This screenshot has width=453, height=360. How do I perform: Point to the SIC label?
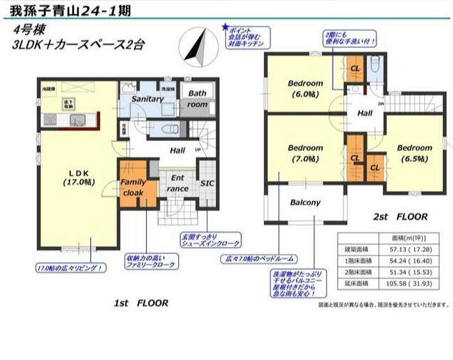(x=206, y=183)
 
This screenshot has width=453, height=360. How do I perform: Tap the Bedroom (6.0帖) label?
(x=306, y=89)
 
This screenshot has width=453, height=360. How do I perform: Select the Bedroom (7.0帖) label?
(x=306, y=153)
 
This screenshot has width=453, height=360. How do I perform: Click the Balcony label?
(x=304, y=203)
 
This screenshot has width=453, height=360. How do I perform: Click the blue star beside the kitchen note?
(x=226, y=27)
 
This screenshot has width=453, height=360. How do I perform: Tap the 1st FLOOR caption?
(x=141, y=303)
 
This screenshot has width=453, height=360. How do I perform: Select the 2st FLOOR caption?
(x=399, y=215)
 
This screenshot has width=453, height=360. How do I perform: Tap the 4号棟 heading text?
(x=27, y=30)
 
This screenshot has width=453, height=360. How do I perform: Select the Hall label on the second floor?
(x=365, y=114)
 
